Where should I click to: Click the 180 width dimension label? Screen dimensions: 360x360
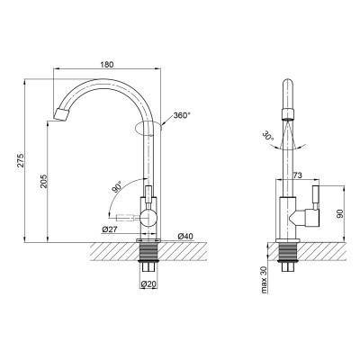point(107,65)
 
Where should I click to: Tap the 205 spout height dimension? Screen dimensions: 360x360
point(44,181)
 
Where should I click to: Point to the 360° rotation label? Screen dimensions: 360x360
point(182,115)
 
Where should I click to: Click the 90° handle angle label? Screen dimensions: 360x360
point(117,186)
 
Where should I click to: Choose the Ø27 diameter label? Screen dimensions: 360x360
point(109,229)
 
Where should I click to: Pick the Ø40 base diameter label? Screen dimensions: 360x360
point(185,237)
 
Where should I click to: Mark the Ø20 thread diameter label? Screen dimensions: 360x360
point(149,283)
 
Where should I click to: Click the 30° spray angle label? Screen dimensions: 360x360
point(268,136)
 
